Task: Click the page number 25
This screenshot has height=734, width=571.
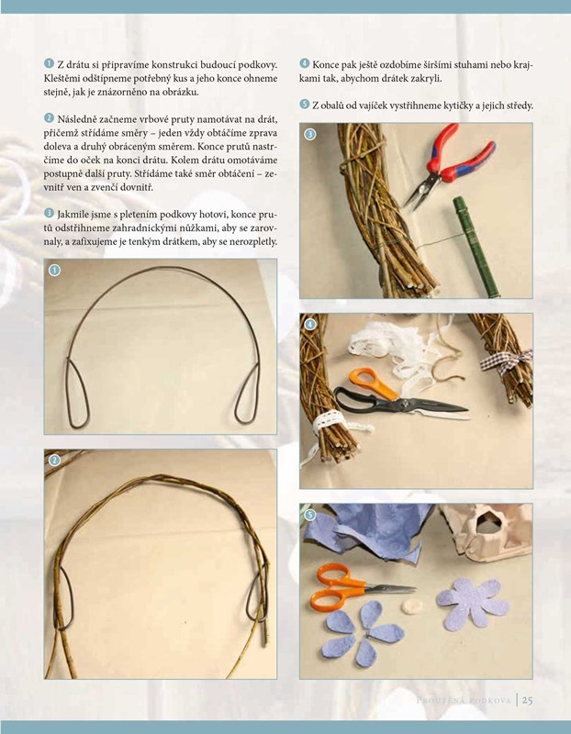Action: tap(528, 700)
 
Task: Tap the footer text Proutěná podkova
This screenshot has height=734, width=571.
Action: tap(464, 701)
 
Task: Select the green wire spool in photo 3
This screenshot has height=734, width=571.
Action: tap(476, 247)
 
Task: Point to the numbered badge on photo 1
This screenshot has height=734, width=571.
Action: tap(55, 270)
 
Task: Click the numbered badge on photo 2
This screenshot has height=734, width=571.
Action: tap(55, 461)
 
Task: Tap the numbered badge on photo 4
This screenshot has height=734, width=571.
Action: tap(310, 324)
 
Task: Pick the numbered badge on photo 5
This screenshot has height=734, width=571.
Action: tap(310, 515)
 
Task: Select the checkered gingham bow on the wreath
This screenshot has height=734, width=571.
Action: tap(506, 361)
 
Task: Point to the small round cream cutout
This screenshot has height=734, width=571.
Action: tap(411, 606)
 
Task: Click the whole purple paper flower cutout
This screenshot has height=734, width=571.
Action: tap(472, 604)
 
